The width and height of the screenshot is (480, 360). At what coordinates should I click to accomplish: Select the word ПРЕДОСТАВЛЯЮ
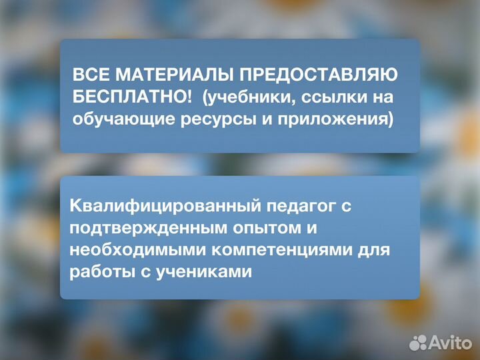click(315, 75)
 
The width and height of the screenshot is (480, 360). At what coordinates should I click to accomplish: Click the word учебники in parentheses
click(243, 97)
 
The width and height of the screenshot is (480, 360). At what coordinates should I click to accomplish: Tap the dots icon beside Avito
click(418, 342)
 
